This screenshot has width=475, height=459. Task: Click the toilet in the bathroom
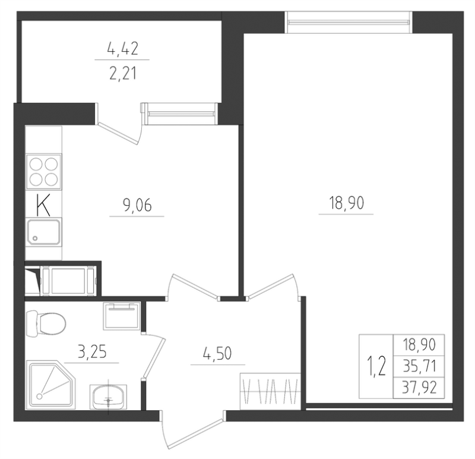pos(46,323)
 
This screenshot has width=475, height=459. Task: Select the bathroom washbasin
pos(108,396)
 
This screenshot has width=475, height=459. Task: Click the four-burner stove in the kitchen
pos(43,172)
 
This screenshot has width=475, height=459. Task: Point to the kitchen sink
pos(43,232)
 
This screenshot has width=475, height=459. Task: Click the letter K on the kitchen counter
pos(43,205)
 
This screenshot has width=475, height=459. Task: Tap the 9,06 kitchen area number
pos(137,205)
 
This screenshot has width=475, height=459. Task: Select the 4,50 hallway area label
pos(217,353)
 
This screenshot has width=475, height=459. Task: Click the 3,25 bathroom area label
pos(92,352)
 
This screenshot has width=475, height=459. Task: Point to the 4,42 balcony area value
pos(123,49)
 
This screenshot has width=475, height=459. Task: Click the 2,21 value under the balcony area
pos(123,73)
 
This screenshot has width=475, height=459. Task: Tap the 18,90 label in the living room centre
pos(346,203)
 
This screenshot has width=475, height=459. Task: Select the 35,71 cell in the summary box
pos(419,366)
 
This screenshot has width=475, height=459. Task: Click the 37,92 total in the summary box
pos(419,388)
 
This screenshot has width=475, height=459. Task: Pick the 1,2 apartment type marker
pos(376,366)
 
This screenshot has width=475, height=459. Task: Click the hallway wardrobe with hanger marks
pos(270,391)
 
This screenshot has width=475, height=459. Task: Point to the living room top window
pos(349,22)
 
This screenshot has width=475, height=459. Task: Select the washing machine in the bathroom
pos(122,316)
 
